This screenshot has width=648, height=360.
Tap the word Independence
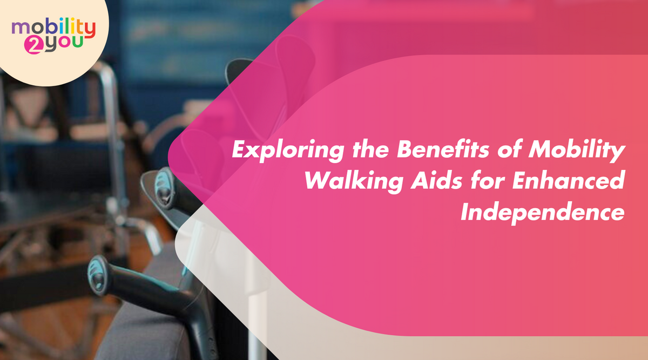(543, 212)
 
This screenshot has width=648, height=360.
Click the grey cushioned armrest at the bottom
(146, 329)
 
